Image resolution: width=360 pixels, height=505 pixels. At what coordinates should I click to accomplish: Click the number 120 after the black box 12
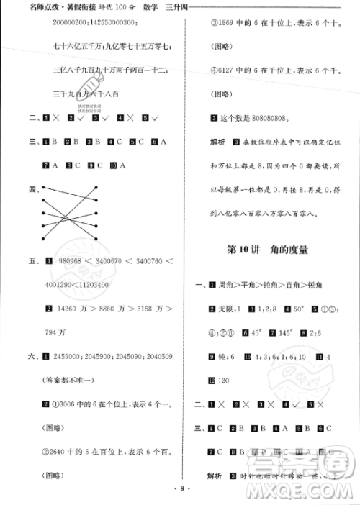[227, 379]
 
